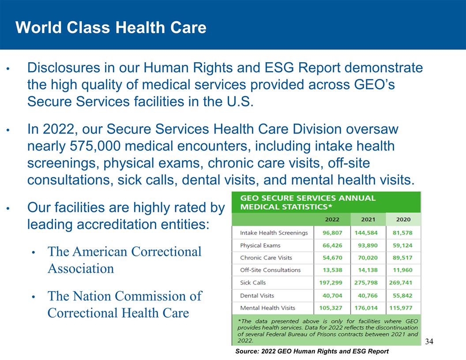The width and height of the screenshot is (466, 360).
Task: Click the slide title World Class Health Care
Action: tap(111, 28)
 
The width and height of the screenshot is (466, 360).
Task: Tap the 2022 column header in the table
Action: tap(332, 219)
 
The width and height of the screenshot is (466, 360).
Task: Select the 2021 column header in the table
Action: tap(368, 219)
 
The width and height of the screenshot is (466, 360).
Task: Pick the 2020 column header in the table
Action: tap(403, 219)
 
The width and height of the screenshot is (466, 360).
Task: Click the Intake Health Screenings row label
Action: tap(274, 232)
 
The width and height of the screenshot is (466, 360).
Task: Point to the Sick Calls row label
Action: tap(253, 282)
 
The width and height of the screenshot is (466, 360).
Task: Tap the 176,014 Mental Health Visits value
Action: tap(368, 308)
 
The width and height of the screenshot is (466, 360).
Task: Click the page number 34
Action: tap(429, 341)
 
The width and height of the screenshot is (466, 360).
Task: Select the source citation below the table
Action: tap(312, 351)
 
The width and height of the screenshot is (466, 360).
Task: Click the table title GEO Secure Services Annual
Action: tap(308, 198)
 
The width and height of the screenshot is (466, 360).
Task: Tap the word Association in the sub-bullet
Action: tap(80, 269)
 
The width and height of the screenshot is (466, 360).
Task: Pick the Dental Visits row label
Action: tap(257, 296)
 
